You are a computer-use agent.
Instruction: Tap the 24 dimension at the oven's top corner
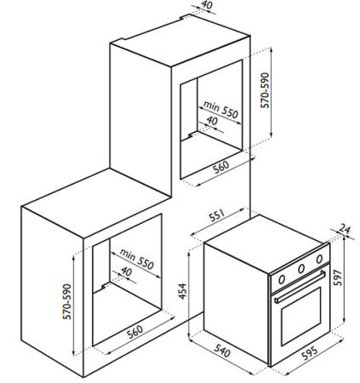345,229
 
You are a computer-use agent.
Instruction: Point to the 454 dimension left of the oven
183,291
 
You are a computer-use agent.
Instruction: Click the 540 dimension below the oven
222,352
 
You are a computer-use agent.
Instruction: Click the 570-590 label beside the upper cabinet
265,90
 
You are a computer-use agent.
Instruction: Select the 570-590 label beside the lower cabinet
67,301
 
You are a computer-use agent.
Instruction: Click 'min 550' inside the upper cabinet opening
220,110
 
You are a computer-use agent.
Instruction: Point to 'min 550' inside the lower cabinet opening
137,259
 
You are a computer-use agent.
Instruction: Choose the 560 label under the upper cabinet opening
221,167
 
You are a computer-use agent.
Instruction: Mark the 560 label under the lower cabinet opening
135,331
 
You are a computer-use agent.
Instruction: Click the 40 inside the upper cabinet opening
212,121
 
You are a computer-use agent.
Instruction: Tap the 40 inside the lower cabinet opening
126,272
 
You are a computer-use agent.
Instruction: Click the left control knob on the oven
282,279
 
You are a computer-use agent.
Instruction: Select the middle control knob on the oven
301,268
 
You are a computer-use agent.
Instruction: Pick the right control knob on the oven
319,259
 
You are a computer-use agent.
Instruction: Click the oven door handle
300,287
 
